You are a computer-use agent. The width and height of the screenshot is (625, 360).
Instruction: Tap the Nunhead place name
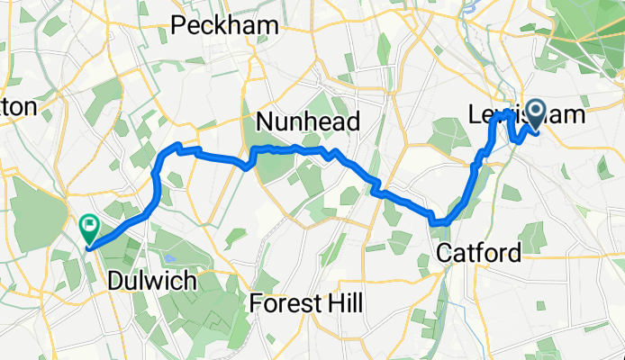pyautogui.click(x=308, y=121)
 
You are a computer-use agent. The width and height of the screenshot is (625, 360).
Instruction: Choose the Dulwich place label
pyautogui.click(x=151, y=281)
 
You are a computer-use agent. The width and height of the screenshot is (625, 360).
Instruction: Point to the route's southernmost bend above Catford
pyautogui.click(x=439, y=221)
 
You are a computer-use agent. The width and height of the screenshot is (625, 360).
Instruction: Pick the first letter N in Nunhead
pyautogui.click(x=264, y=121)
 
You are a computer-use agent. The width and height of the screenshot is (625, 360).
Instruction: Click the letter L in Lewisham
pyautogui.click(x=476, y=115)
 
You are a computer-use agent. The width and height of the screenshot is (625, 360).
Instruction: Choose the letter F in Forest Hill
pyautogui.click(x=257, y=303)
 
